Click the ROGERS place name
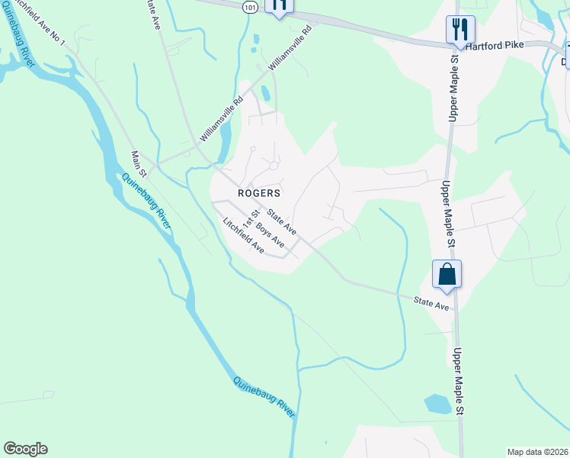pos(259,193)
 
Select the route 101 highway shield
pos(251,6)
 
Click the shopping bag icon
pos(447,274)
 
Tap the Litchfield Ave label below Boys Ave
pos(243,237)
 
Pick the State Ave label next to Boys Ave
pos(281,219)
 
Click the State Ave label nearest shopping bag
pos(431,303)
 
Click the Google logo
pos(25,449)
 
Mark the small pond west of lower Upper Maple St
pos(437,404)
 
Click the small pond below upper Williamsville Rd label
pos(264,93)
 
